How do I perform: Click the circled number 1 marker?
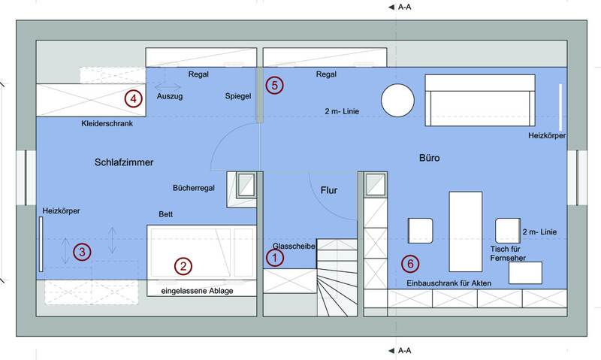point(276,258)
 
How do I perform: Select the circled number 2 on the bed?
point(181,265)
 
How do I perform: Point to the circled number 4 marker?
point(133,98)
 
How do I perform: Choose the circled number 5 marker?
point(275,85)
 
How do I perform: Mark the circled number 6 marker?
point(409,264)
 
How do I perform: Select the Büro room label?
point(429,159)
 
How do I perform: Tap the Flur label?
point(330,191)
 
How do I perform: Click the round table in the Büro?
point(397,100)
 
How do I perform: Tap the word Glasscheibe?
point(294,246)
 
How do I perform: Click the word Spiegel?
point(237,97)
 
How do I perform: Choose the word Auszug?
point(170,97)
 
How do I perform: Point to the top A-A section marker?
point(403,7)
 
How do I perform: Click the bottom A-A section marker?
point(403,350)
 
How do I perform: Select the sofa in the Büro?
point(479,100)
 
